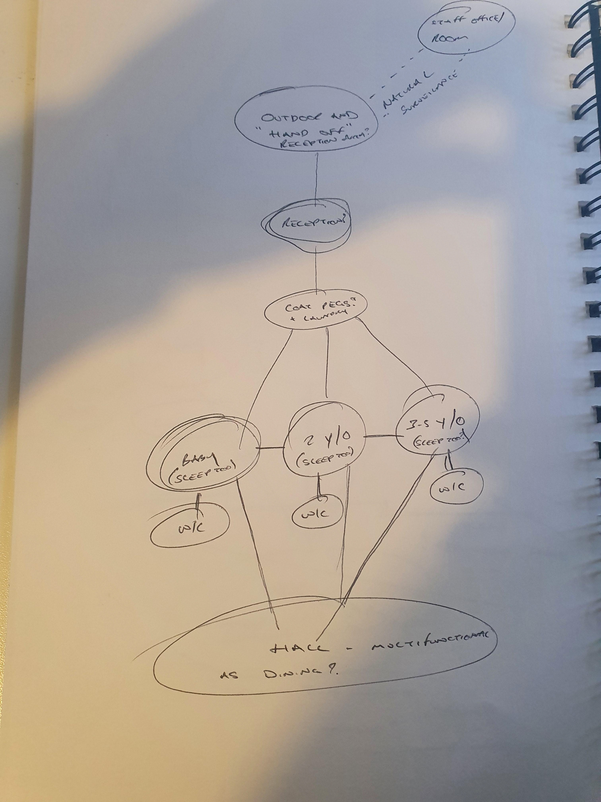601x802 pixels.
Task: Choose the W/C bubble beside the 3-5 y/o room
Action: (457, 488)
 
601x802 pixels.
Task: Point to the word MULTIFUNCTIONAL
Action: (427, 643)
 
